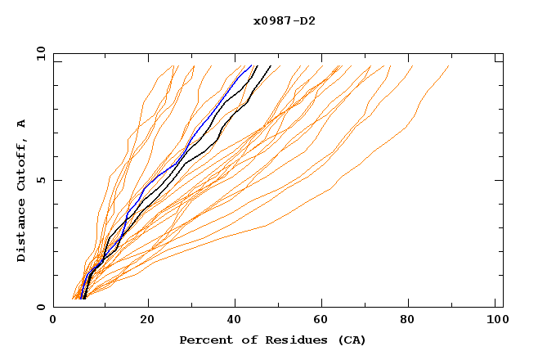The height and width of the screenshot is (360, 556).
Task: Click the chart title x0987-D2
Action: [x=284, y=20]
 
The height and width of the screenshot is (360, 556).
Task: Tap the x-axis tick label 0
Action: [x=53, y=321]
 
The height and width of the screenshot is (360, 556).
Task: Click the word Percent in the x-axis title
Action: [x=202, y=340]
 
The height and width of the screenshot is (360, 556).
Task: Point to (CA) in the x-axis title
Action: [x=349, y=340]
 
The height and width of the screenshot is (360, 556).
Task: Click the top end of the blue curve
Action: [x=251, y=65]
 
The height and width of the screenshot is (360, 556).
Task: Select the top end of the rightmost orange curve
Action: [x=449, y=65]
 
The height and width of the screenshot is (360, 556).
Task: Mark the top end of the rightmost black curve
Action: [x=271, y=65]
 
